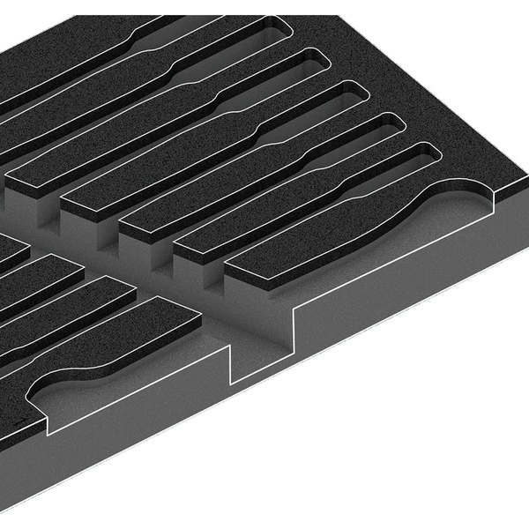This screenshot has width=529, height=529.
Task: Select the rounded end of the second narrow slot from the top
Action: (316, 59)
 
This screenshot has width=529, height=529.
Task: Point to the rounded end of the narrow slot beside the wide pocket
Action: (427, 154)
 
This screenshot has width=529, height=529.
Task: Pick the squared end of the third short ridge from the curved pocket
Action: (66, 264)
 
